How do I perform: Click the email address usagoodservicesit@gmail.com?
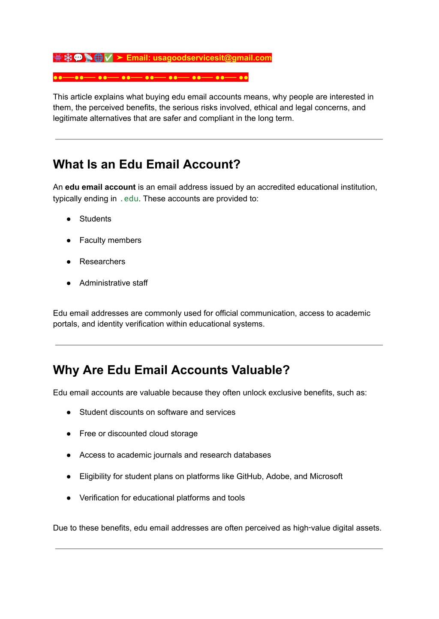212,58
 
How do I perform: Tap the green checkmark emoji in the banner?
108,58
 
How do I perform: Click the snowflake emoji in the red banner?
68,58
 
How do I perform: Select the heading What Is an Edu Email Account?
147,164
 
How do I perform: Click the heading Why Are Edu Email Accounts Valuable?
171,370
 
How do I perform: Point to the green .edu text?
129,199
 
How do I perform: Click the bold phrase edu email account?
100,187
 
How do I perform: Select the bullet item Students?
95,219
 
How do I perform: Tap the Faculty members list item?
110,240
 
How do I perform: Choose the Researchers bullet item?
102,262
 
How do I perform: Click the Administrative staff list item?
114,283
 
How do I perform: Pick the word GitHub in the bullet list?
249,476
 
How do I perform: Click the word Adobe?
277,476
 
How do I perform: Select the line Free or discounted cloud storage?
138,434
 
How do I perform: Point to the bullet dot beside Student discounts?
69,412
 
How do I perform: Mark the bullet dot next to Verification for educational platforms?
69,498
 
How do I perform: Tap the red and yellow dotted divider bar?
150,77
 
